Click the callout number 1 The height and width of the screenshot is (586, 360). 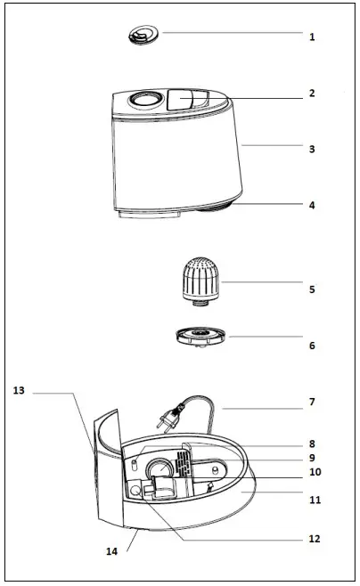point(312,37)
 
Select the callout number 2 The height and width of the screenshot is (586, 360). point(312,93)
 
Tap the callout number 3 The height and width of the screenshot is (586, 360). point(312,149)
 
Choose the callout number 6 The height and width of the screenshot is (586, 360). point(312,346)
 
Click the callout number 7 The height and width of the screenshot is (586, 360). point(312,402)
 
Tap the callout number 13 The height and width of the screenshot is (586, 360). point(20,390)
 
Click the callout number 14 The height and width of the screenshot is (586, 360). point(112,551)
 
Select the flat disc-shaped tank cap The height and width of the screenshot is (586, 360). point(201,338)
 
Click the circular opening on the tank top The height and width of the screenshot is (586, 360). point(141,100)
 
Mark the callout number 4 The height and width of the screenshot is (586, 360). point(312,205)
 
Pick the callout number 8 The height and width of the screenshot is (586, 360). point(312,443)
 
